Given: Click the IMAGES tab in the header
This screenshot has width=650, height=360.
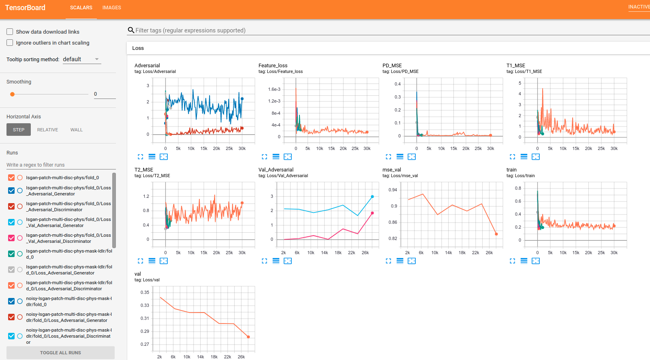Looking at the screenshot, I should point(111,8).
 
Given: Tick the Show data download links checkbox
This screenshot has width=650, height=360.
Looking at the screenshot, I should point(10,32).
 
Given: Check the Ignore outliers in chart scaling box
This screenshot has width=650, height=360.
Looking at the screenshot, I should point(10,43).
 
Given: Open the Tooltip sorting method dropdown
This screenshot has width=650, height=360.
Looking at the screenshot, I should point(81,59).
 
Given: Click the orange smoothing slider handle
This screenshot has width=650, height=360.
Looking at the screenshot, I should point(13,94).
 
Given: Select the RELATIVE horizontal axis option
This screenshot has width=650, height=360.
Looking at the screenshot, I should point(47,130).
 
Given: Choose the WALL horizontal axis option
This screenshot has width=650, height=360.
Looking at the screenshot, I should point(76,130).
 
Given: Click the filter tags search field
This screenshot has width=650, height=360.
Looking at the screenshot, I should point(190,30).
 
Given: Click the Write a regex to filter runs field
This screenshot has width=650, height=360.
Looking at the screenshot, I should point(61,165).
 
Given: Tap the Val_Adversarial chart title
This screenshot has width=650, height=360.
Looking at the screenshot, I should point(276,170).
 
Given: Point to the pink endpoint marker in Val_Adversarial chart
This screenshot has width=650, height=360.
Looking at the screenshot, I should point(372,213).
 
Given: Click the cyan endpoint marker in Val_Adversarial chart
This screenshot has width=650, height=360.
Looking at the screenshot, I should point(372,197).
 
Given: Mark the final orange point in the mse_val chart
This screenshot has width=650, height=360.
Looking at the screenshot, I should point(496,234).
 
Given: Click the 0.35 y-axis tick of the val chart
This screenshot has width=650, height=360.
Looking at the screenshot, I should point(145,292).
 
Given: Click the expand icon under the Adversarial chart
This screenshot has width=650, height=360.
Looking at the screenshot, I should point(141,157).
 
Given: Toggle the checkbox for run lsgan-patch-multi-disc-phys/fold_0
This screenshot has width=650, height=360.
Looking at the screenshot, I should point(11,178).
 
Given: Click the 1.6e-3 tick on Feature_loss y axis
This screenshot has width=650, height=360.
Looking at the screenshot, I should point(274,89).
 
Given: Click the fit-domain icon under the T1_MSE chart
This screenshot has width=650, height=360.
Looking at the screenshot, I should point(535,157).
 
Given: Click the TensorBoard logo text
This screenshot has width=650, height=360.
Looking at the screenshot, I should point(25,8).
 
